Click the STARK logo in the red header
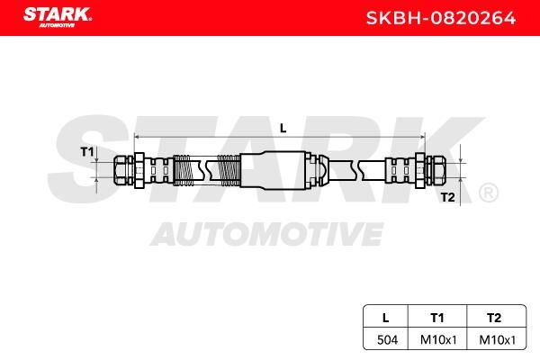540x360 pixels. [58, 17]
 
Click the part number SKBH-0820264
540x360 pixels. [441, 18]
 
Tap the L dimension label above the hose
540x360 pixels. [283, 129]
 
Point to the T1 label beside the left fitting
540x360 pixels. [86, 151]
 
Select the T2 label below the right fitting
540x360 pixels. [447, 198]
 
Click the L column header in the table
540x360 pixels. [386, 318]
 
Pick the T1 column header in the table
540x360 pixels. [437, 318]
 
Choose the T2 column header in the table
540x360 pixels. [494, 318]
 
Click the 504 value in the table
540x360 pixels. [387, 340]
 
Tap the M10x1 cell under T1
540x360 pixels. [438, 340]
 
